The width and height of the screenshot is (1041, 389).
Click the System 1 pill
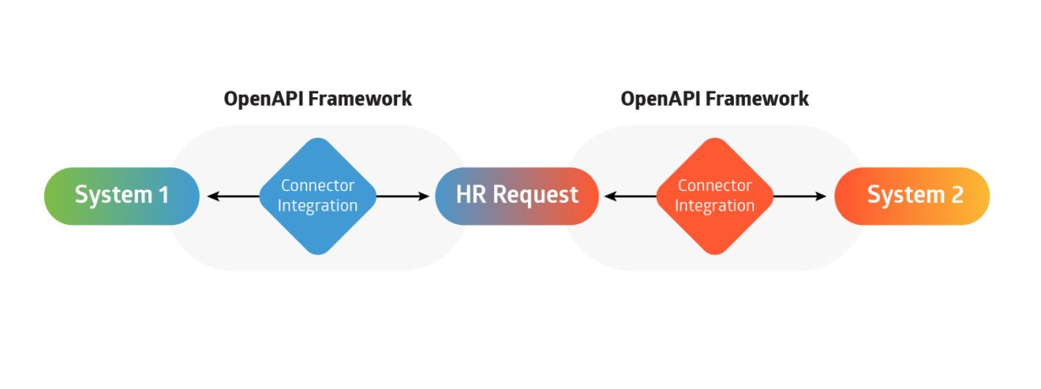(122, 195)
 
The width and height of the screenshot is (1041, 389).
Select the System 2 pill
(912, 195)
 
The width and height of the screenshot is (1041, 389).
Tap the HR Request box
(517, 195)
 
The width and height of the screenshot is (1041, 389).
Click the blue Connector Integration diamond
(317, 195)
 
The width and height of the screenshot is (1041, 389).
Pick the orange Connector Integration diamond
(714, 195)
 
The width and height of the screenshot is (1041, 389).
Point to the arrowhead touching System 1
(212, 196)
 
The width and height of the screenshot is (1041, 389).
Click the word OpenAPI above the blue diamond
(262, 99)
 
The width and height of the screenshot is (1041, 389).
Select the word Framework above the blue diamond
(360, 99)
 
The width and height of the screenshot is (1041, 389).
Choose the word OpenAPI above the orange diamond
(659, 99)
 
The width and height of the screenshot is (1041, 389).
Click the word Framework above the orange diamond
(757, 99)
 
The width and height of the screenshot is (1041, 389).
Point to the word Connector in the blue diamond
(317, 185)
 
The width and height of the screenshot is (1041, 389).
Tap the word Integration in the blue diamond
(317, 205)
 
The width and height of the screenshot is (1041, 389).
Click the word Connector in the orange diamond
(714, 185)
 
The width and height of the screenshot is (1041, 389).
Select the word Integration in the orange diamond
(714, 205)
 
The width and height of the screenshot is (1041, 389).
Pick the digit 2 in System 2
(956, 195)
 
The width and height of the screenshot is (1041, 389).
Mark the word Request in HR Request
(536, 195)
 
